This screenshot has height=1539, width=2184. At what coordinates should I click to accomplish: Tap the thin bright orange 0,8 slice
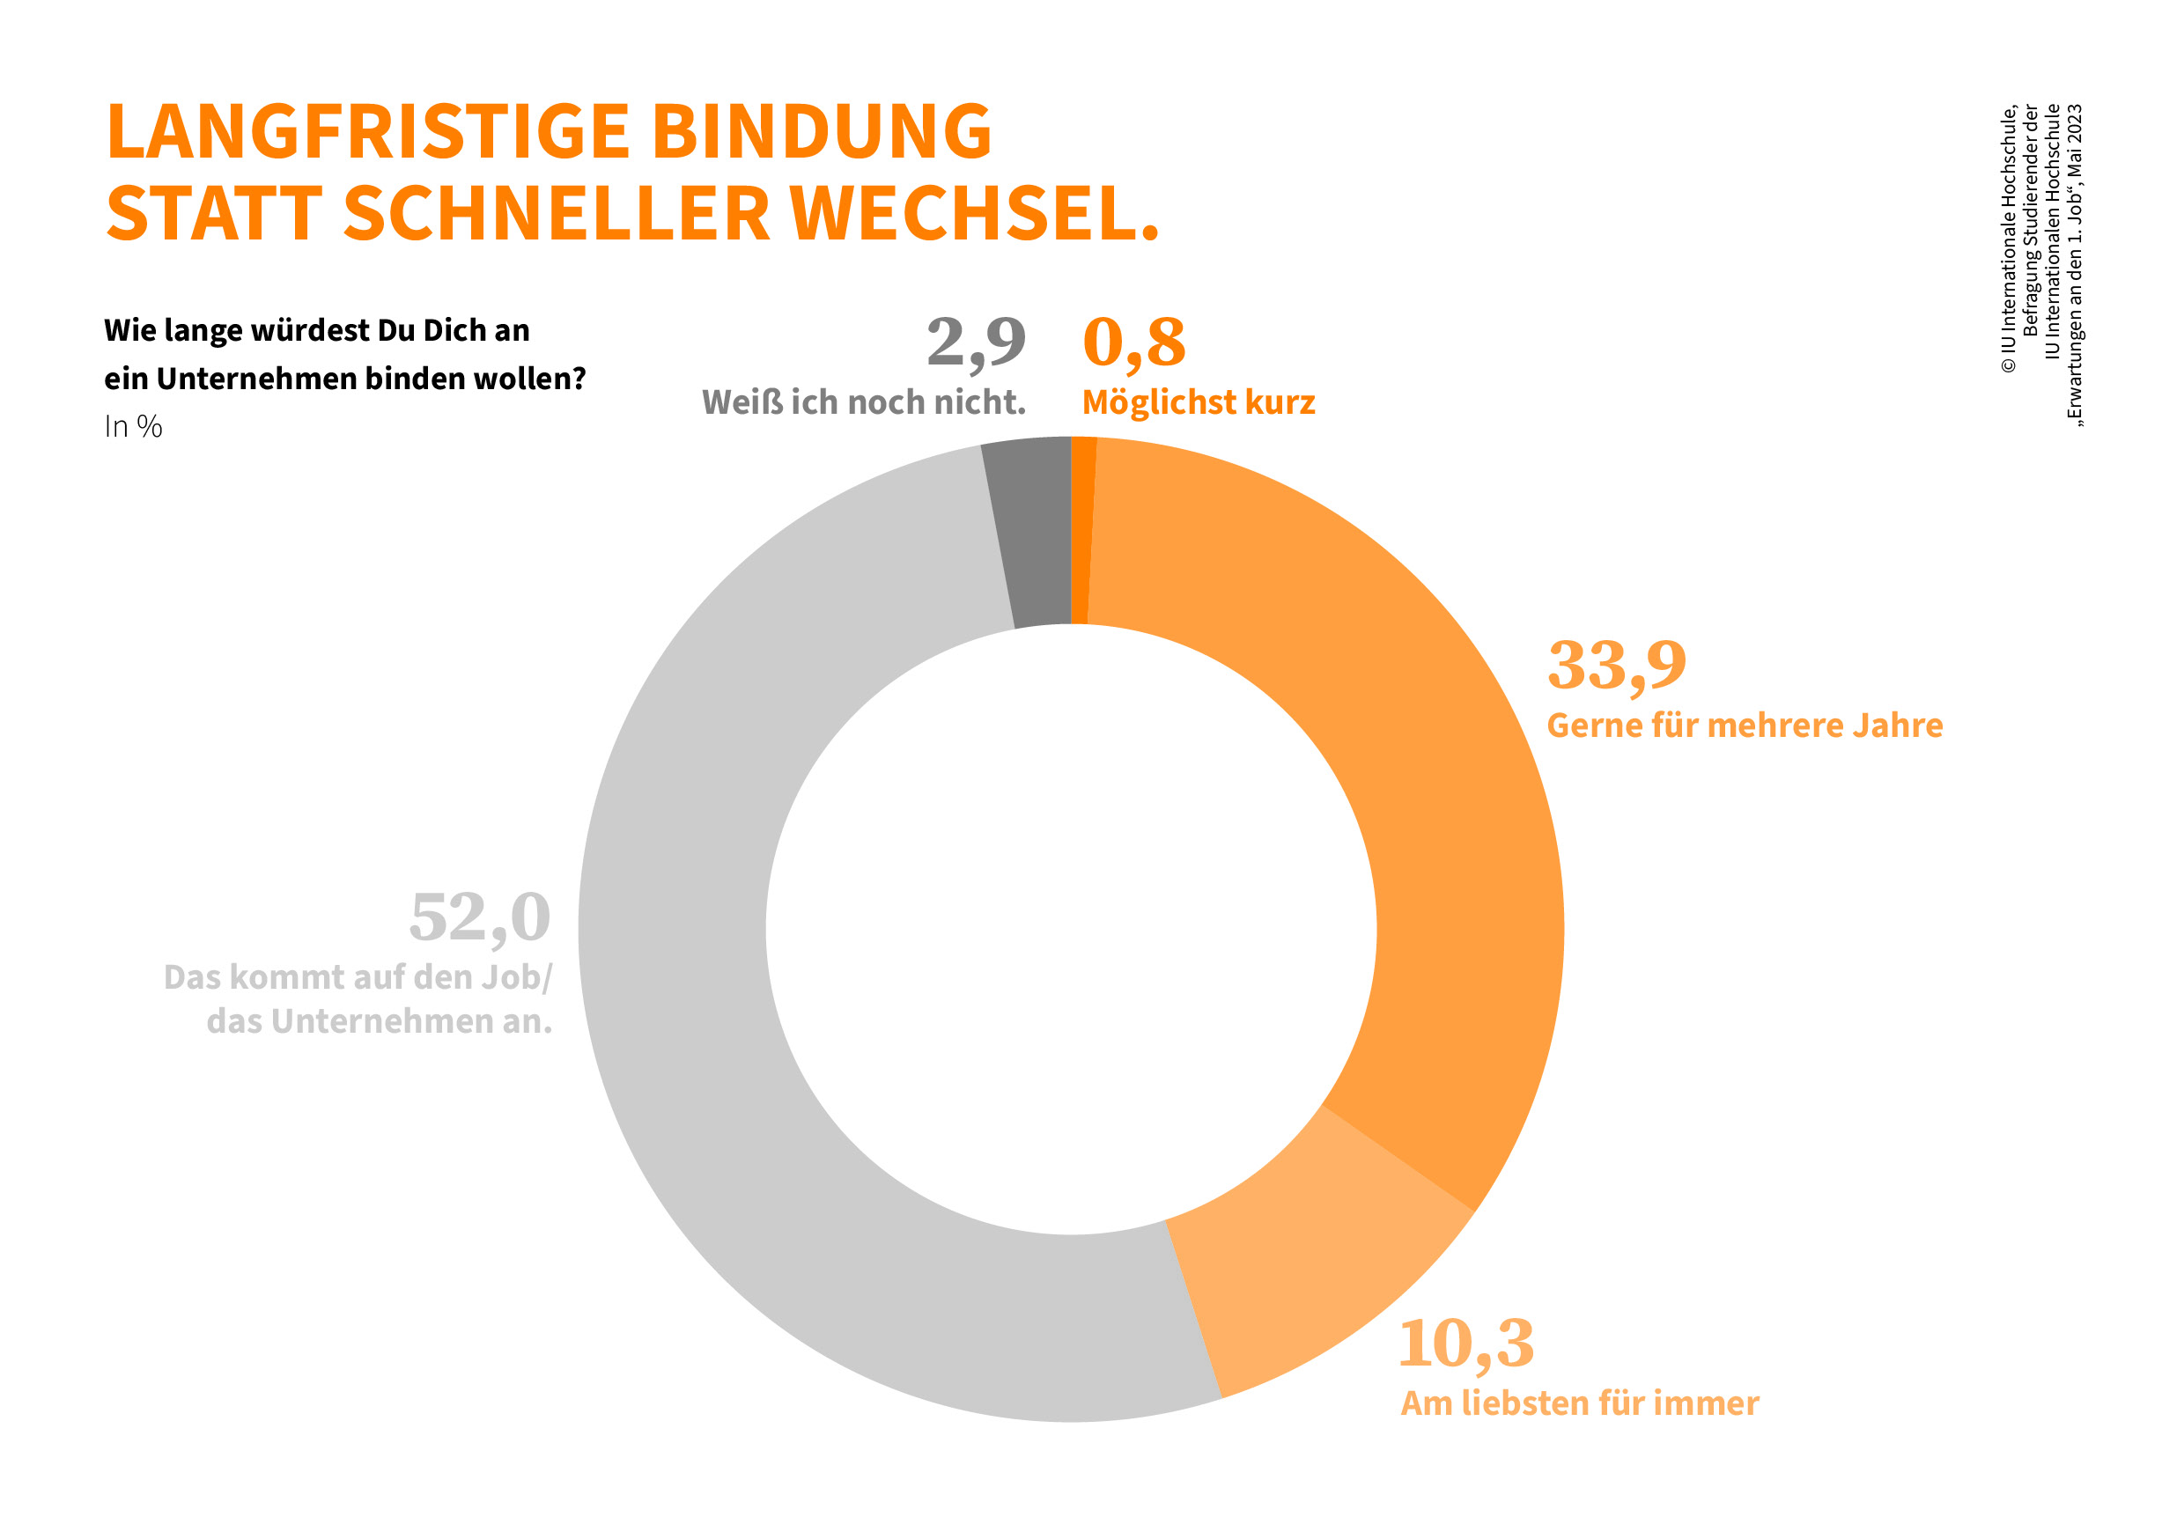pos(1081,533)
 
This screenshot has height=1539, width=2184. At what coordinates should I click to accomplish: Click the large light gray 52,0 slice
pos(742,1046)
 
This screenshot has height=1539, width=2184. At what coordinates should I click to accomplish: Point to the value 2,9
pos(976,342)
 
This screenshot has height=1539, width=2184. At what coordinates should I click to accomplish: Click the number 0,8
pos(1134,342)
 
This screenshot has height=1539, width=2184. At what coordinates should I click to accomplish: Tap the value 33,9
pos(1616,665)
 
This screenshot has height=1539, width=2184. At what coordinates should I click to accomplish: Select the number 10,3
pos(1465,1344)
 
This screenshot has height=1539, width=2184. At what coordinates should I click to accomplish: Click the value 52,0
pos(479,918)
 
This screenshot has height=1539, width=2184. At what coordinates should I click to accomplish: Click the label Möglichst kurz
pos(1199,403)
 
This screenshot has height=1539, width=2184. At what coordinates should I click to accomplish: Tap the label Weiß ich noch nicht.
pos(864,403)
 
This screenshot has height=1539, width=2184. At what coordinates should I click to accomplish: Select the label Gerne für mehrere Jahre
pos(1745,725)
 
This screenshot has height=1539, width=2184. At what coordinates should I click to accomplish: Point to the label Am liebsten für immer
pos(1580,1404)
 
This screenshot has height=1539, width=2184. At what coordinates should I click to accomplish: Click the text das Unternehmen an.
pos(380,1021)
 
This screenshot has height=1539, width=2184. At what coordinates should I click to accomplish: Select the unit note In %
pos(133,427)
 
